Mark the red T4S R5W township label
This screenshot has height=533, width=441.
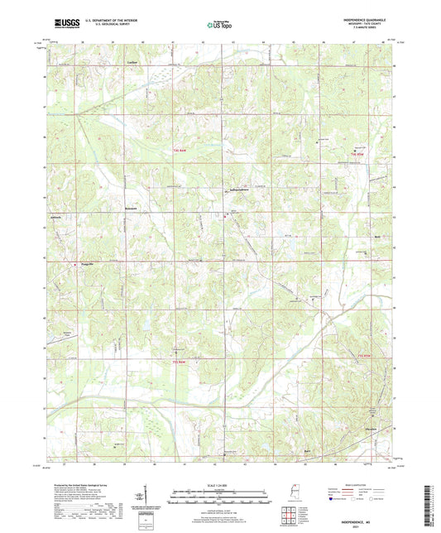357,154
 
